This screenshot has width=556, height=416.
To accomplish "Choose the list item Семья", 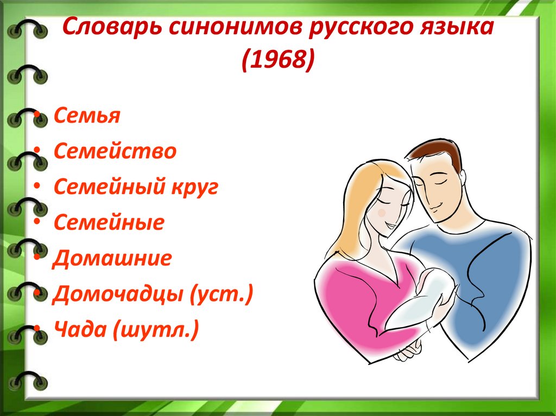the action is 87,115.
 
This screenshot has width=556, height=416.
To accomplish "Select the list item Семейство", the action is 115,151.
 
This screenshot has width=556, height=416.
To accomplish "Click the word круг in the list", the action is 195,188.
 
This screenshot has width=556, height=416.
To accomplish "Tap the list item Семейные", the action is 109,222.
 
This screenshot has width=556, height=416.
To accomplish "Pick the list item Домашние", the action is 112,258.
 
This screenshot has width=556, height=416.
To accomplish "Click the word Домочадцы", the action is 118,295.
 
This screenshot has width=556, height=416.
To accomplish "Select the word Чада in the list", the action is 80,329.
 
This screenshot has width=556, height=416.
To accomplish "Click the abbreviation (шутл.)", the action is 156,330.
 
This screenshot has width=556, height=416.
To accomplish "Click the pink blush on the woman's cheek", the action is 382,213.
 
